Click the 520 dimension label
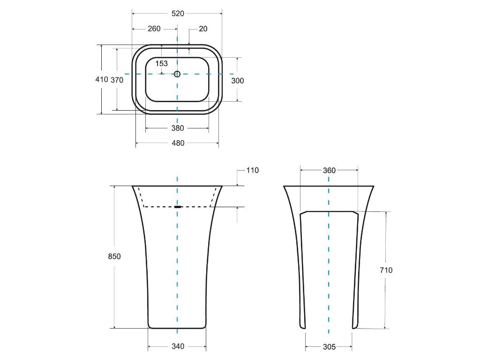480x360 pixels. point(178,14)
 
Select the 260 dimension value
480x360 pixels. point(154,29)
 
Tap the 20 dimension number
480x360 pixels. point(203,29)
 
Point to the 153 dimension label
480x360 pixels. point(161,64)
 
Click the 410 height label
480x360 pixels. point(102,80)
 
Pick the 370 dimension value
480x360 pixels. point(117,80)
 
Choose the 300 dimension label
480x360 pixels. point(238,81)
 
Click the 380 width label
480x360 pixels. point(178,128)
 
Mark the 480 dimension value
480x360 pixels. point(178,143)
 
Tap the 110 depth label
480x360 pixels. point(253,171)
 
